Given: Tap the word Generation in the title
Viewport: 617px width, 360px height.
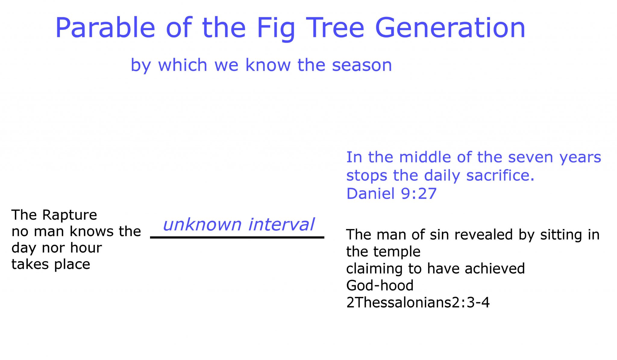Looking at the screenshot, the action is pos(450,28).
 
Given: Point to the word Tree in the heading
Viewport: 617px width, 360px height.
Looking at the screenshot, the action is pos(335,28).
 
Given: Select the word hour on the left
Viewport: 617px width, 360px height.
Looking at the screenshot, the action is pos(86,248).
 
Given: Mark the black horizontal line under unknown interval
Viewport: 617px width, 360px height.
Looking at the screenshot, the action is pos(237,238).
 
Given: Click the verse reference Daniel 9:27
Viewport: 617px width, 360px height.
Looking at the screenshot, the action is pos(391,193).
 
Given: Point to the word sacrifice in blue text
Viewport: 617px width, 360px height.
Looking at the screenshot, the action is pos(500,175).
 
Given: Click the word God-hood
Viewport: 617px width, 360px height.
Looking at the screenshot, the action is pos(380,285).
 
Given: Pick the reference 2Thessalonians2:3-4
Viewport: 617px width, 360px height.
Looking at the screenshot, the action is pos(418,302).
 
